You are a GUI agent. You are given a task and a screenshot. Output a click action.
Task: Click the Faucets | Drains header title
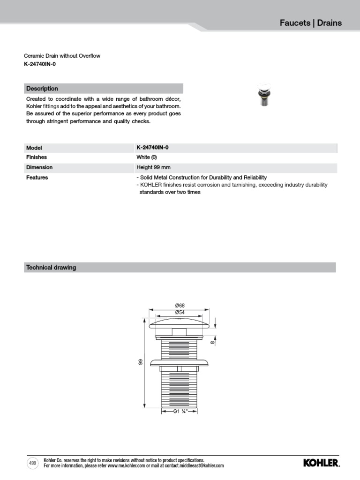(310, 22)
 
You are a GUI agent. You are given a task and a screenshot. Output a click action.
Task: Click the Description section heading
(42, 89)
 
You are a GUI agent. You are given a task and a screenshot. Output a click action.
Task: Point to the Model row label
(34, 148)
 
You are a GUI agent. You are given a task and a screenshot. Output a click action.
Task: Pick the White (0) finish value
(147, 157)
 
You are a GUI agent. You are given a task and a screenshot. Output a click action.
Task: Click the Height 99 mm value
(153, 167)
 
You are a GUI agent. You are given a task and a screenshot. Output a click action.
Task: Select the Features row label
(37, 178)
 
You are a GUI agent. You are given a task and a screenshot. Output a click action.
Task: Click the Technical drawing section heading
(51, 268)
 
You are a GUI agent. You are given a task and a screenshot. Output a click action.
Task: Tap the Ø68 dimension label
(180, 306)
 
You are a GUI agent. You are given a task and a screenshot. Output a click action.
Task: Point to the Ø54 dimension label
(180, 312)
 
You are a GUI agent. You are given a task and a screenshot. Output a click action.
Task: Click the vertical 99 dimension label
(140, 362)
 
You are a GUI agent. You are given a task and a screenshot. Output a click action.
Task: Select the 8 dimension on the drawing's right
(212, 343)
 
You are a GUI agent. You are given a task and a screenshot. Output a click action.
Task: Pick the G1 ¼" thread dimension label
(180, 412)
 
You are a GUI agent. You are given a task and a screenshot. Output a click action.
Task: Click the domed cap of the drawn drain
(180, 324)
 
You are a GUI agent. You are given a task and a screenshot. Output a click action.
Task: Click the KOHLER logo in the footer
(321, 463)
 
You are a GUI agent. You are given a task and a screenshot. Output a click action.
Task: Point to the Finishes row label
(37, 157)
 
